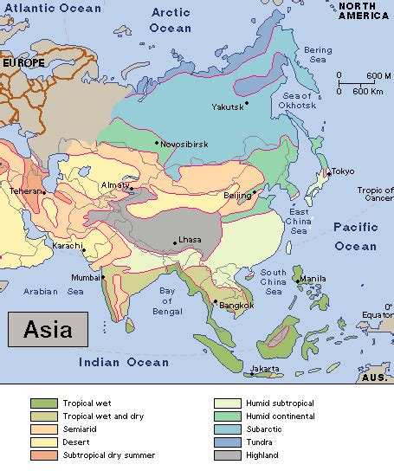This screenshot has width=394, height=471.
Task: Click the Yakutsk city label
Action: [x=227, y=106]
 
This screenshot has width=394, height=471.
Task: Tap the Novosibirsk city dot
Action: [x=157, y=143]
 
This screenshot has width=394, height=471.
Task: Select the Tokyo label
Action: [x=343, y=171]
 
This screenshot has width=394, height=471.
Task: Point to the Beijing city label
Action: [x=237, y=197]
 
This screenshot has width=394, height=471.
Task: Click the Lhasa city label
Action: [x=191, y=241]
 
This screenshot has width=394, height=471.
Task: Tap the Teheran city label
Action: [x=24, y=190]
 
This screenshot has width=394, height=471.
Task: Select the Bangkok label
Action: [x=236, y=305]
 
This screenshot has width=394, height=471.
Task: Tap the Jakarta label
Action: [x=265, y=369]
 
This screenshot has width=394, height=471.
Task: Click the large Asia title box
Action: [x=48, y=330]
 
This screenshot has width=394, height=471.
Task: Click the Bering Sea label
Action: [x=318, y=55]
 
